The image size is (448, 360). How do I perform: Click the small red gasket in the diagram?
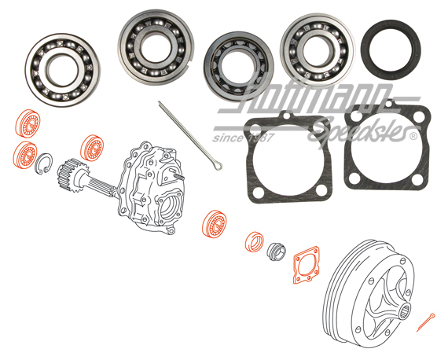(x=306, y=266)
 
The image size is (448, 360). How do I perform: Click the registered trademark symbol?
(x=413, y=135)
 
